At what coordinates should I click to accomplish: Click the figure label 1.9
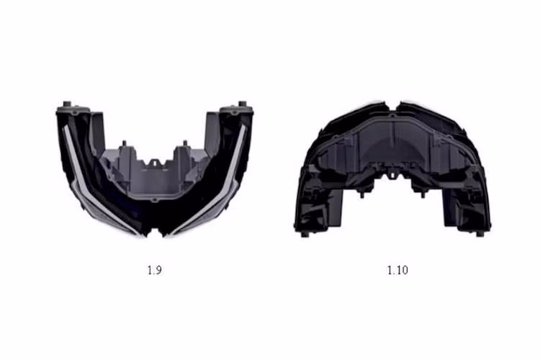click(154, 270)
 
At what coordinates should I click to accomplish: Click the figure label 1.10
click(397, 270)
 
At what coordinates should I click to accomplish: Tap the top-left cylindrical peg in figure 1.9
click(67, 104)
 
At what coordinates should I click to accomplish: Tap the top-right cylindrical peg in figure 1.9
click(243, 104)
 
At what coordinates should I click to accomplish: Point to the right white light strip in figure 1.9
click(211, 183)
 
